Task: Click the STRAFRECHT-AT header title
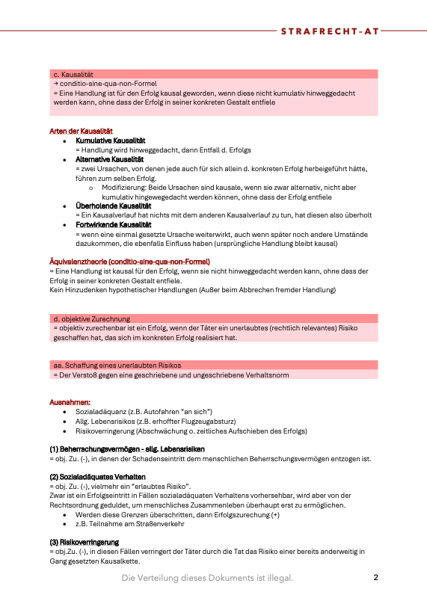[330, 31]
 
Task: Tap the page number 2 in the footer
[376, 577]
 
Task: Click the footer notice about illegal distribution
[208, 578]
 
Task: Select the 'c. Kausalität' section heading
[73, 75]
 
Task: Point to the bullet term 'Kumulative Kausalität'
[111, 141]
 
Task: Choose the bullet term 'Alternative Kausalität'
[110, 159]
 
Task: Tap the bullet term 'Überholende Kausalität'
[114, 205]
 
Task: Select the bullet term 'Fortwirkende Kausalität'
[114, 224]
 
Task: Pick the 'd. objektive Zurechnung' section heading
[91, 318]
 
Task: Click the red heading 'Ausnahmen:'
[70, 402]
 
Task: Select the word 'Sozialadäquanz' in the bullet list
[101, 412]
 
